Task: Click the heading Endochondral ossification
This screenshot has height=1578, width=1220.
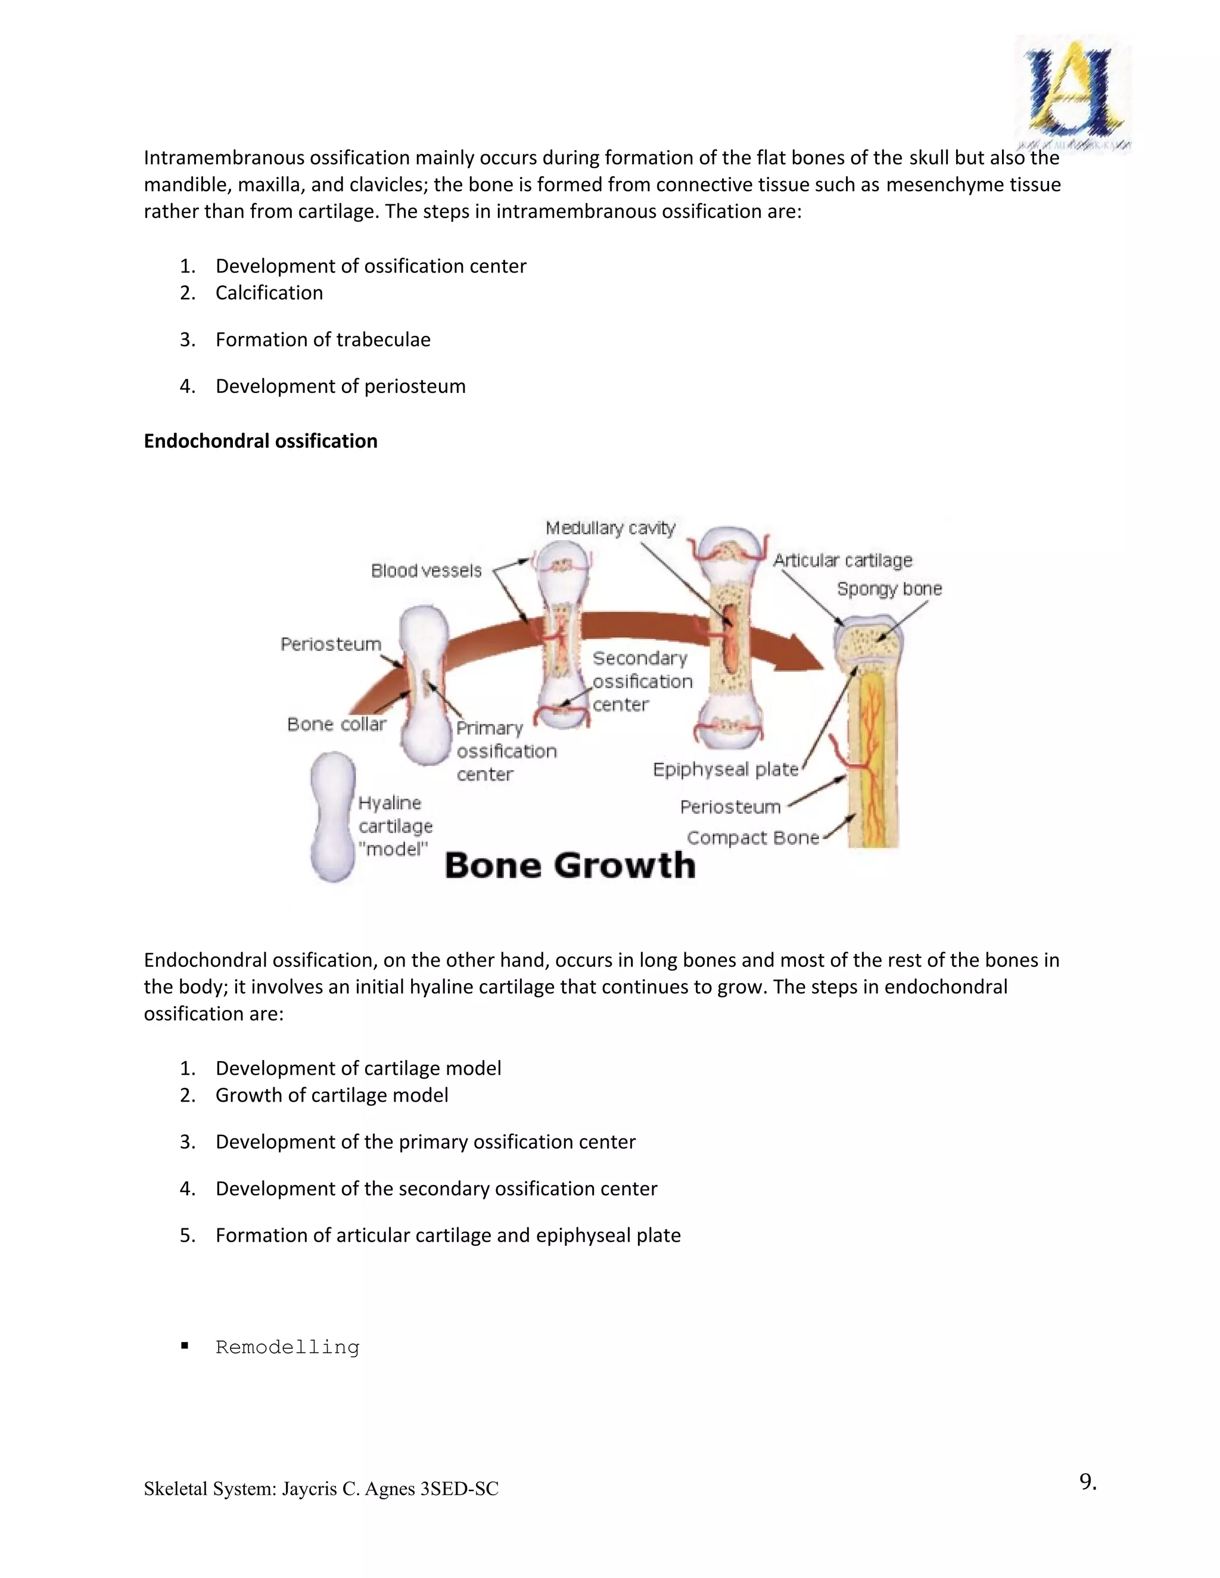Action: [x=260, y=441]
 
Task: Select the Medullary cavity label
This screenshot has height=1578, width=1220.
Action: [x=610, y=528]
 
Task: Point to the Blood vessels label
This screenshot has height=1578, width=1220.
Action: [x=426, y=571]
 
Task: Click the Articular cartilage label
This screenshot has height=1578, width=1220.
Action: [x=843, y=561]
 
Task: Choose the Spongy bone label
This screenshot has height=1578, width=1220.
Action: [x=889, y=589]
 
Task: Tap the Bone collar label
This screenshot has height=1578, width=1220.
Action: [x=336, y=724]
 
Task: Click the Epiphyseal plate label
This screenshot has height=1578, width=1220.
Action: [x=726, y=769]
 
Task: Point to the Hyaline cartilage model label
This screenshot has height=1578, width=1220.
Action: [x=394, y=825]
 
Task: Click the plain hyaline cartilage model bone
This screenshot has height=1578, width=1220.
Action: [x=333, y=816]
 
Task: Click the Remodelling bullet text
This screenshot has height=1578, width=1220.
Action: [x=287, y=1348]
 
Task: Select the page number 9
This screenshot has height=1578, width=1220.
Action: [x=1088, y=1482]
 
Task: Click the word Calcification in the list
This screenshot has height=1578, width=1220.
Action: [x=269, y=292]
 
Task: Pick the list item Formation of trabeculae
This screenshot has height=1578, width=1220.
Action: [x=322, y=339]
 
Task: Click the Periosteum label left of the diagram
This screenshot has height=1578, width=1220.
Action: [x=330, y=644]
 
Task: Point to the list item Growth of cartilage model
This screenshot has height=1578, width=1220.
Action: [x=332, y=1095]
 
